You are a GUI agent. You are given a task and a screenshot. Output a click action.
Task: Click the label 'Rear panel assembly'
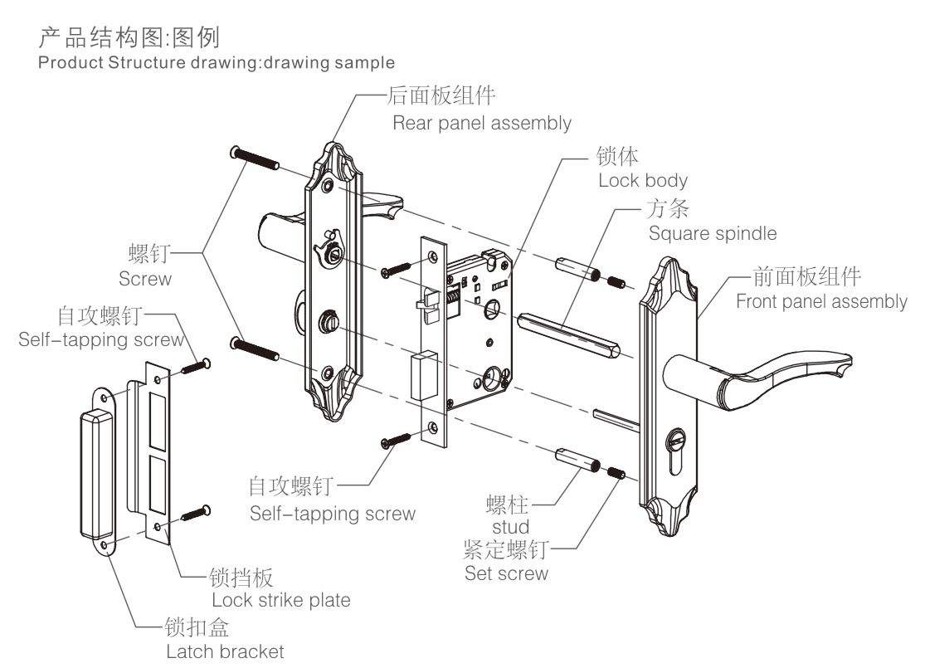pyautogui.click(x=481, y=124)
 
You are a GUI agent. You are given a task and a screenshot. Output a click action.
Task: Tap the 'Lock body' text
pyautogui.click(x=643, y=179)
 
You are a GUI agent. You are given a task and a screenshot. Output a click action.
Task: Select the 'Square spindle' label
pyautogui.click(x=713, y=233)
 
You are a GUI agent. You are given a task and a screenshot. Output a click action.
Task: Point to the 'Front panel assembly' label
pyautogui.click(x=821, y=300)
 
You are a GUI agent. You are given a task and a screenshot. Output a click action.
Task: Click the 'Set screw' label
pyautogui.click(x=506, y=573)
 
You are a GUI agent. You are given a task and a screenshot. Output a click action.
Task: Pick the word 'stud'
pyautogui.click(x=511, y=527)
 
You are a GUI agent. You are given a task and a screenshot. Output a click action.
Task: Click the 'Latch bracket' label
pyautogui.click(x=225, y=651)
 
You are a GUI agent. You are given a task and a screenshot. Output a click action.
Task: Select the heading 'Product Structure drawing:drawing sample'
pyautogui.click(x=217, y=62)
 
